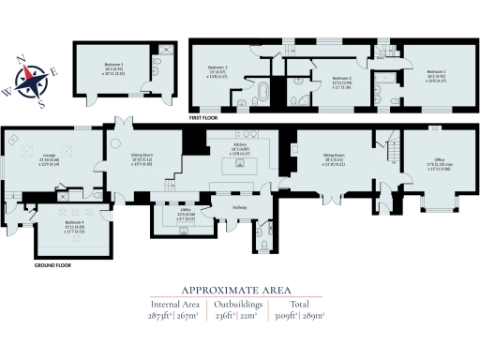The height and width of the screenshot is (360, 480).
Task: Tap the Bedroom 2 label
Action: [342, 79]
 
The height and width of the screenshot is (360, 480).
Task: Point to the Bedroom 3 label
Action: [217, 67]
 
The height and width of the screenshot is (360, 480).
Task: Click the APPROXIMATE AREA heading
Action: [240, 288]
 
